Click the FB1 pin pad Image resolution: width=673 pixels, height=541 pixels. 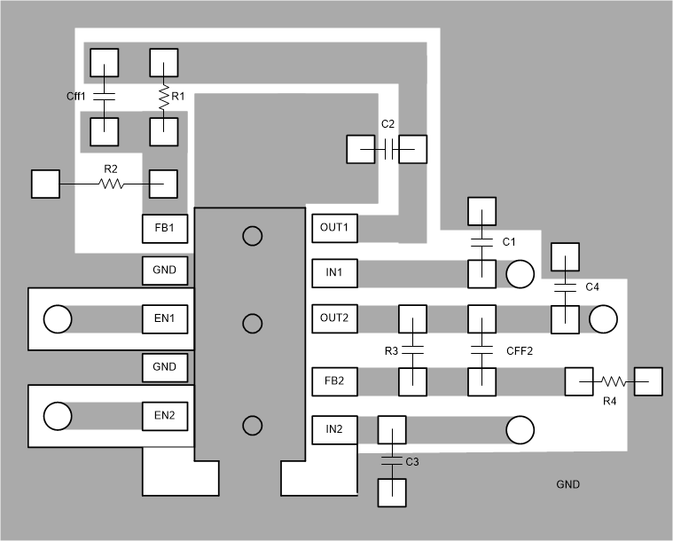(x=165, y=229)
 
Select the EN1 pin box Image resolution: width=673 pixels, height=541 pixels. (x=165, y=318)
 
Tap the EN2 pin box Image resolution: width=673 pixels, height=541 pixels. (x=165, y=415)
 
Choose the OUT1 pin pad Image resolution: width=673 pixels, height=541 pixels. (x=334, y=229)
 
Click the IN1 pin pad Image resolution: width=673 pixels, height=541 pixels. (x=334, y=272)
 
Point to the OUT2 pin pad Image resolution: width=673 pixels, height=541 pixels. (x=334, y=318)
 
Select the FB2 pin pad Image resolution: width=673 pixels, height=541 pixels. (x=334, y=381)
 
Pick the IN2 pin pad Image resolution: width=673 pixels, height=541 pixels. (x=334, y=430)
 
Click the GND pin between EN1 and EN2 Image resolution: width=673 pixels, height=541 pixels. (x=165, y=366)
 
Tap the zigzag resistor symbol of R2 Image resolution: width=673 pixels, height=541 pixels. (x=111, y=184)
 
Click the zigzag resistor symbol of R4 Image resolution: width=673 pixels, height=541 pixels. (x=614, y=381)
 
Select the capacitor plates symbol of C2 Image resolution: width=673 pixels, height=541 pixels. (x=388, y=150)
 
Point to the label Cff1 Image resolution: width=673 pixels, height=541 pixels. (x=77, y=95)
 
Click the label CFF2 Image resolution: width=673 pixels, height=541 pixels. (x=519, y=351)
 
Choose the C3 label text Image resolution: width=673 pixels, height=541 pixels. (x=411, y=462)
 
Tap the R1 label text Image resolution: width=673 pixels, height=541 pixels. (x=178, y=95)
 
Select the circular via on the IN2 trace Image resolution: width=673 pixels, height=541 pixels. (x=520, y=430)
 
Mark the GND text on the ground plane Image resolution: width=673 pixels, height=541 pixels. (x=567, y=485)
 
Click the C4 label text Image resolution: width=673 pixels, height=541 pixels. (x=592, y=287)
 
